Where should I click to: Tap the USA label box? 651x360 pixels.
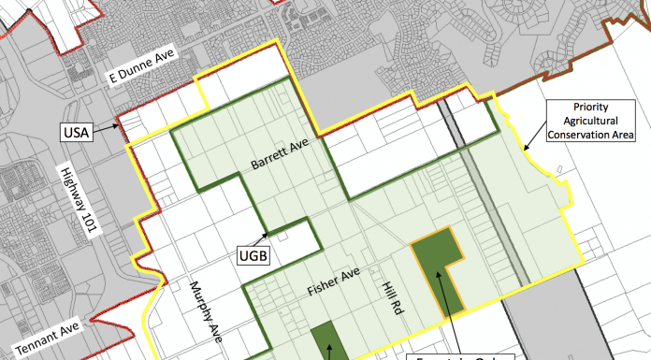point(75,132)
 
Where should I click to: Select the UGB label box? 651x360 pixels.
point(252,253)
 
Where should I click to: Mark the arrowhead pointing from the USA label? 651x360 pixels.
point(120,124)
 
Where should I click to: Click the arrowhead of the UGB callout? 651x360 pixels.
point(268,234)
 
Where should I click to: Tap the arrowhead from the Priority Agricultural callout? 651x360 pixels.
point(525,149)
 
